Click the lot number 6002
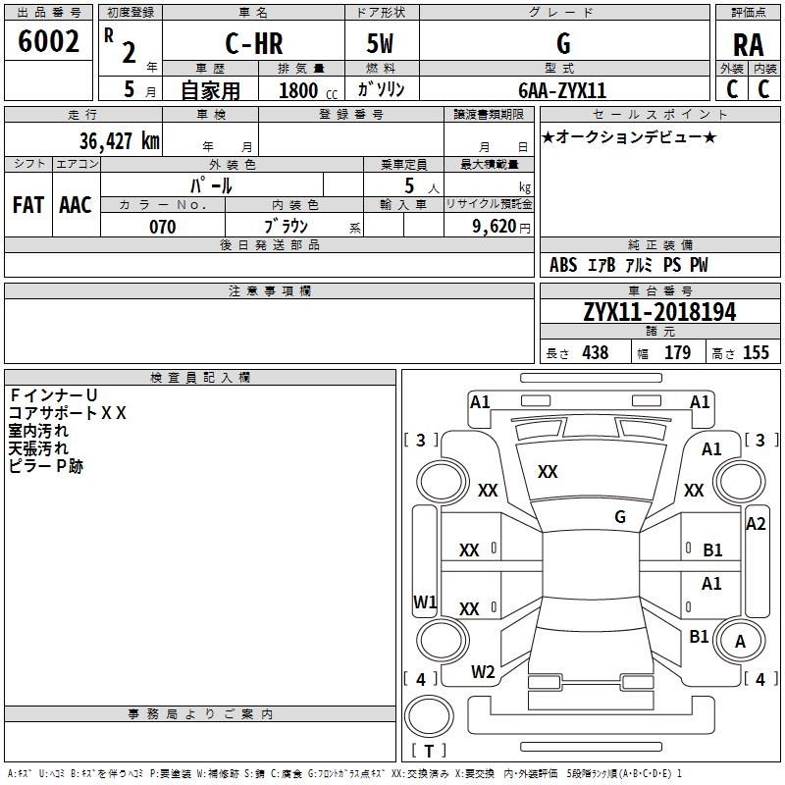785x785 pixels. (48, 41)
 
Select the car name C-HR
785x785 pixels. (254, 43)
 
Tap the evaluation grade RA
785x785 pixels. (749, 45)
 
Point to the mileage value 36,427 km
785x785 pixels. (119, 140)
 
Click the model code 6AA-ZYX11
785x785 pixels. (562, 90)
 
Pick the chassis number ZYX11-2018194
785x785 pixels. (659, 312)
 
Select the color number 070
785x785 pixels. (163, 227)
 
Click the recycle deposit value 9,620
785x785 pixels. (495, 227)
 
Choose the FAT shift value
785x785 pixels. (28, 205)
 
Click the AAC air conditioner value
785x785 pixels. (76, 205)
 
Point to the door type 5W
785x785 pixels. (380, 43)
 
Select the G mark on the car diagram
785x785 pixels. (620, 517)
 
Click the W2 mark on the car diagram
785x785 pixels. (483, 672)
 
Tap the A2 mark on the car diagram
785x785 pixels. (756, 524)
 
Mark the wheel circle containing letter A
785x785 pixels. (740, 641)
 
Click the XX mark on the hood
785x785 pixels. (548, 472)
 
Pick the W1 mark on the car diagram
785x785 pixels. (425, 602)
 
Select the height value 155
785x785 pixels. (756, 352)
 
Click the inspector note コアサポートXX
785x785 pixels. (68, 413)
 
